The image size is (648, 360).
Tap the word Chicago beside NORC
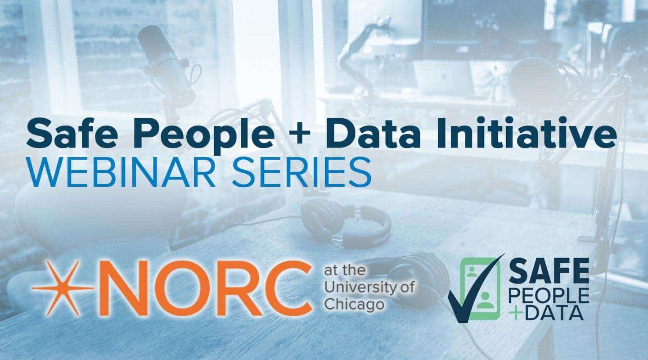(354, 304)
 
